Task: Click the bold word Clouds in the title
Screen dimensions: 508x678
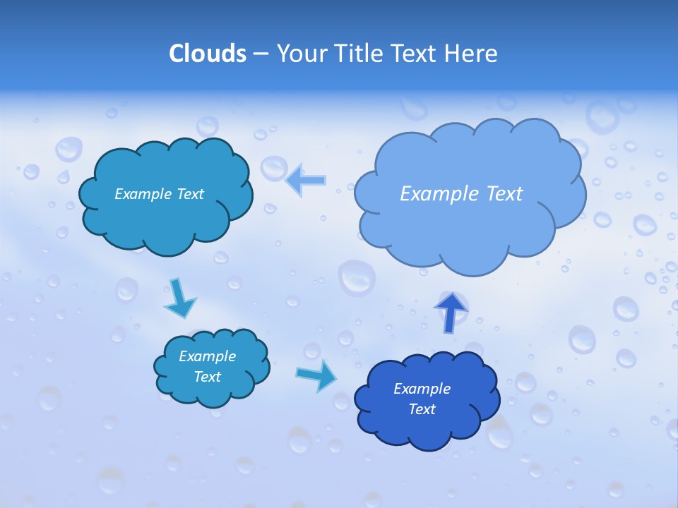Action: pos(208,54)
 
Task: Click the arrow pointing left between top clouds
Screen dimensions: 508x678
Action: pos(307,180)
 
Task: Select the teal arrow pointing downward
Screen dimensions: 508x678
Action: pos(179,298)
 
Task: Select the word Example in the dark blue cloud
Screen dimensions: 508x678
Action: pos(422,389)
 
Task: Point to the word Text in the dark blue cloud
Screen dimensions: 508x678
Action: pos(422,409)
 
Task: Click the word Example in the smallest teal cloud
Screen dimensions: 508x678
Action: pos(207,356)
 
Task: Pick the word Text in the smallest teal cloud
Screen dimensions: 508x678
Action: pos(207,377)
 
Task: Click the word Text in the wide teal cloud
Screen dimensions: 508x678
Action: pos(189,194)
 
